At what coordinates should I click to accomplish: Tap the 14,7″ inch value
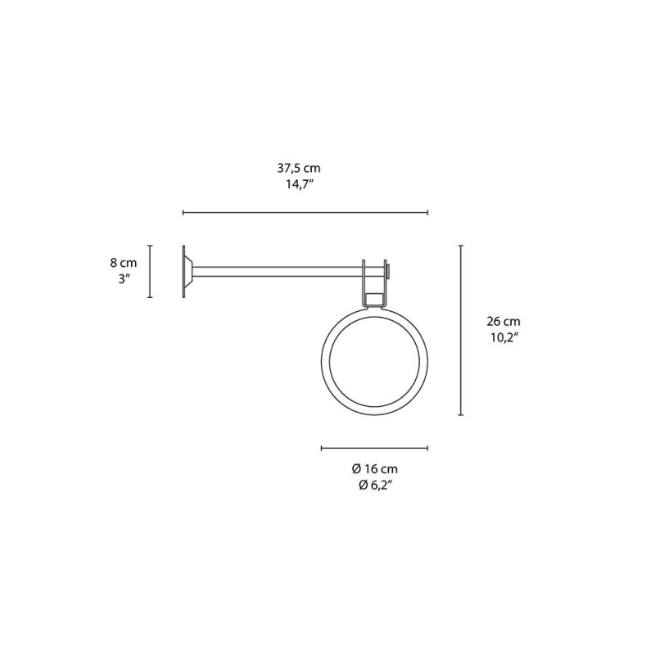(x=296, y=185)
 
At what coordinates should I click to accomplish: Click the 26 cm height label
(x=501, y=322)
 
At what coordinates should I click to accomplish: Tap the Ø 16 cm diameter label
(x=374, y=469)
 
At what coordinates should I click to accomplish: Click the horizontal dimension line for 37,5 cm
(x=305, y=213)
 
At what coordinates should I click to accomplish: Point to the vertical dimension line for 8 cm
(x=149, y=272)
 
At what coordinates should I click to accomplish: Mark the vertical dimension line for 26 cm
(x=461, y=329)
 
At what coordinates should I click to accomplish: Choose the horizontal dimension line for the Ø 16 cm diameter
(x=374, y=448)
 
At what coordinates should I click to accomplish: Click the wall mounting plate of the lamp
(x=183, y=272)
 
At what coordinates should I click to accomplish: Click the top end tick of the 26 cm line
(x=461, y=244)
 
